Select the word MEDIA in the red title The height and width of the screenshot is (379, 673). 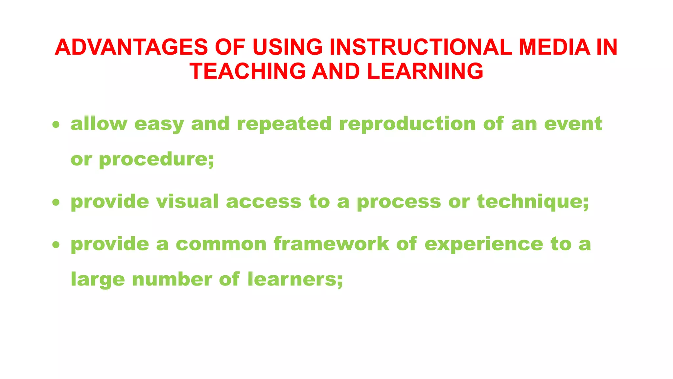tap(554, 47)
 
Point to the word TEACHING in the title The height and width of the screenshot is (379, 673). tap(247, 71)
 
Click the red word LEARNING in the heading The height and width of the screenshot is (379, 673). tap(425, 71)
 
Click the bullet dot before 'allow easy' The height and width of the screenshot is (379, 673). tap(56, 125)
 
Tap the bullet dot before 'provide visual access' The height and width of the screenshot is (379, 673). tap(56, 202)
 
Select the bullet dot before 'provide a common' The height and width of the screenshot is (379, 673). tap(56, 245)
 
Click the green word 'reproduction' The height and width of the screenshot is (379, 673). tap(407, 124)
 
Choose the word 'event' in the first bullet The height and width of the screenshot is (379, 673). tap(573, 124)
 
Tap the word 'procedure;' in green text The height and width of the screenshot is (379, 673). tap(156, 160)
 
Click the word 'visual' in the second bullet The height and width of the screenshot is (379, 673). tap(187, 201)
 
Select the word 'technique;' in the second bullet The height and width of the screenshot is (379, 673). tap(533, 202)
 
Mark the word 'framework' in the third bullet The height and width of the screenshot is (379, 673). tap(331, 244)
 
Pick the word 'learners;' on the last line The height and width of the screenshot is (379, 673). tap(295, 279)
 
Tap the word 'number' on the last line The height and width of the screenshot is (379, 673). tap(172, 279)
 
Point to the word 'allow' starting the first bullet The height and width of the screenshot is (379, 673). tap(99, 124)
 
